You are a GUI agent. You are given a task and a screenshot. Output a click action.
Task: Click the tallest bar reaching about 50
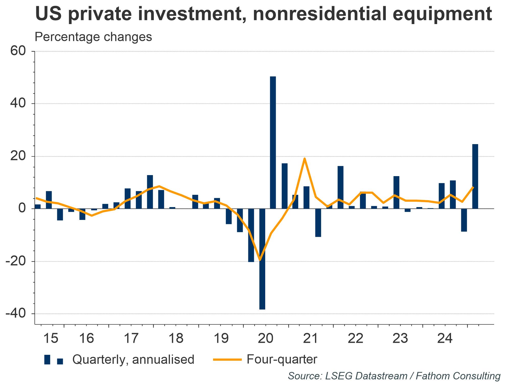tap(273, 142)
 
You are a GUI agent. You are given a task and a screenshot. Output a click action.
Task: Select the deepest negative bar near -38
tap(262, 259)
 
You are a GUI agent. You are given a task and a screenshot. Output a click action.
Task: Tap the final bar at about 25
tap(475, 176)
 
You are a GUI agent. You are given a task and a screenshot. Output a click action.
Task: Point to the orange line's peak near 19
tap(305, 158)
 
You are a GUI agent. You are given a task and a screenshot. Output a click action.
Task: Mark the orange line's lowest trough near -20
tap(260, 260)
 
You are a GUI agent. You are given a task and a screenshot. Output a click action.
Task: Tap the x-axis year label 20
tap(266, 338)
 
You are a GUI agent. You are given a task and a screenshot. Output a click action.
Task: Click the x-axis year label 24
tap(445, 338)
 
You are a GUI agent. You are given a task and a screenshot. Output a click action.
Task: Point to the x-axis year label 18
tap(176, 338)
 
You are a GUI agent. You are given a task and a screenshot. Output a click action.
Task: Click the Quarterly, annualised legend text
tap(133, 360)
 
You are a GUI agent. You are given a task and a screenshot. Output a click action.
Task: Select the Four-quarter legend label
tap(282, 359)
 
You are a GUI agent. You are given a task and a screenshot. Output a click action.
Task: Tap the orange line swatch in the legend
tap(227, 360)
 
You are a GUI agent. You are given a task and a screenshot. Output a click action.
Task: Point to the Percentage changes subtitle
tap(93, 37)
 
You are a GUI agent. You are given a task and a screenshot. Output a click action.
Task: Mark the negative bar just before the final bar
tap(464, 220)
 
